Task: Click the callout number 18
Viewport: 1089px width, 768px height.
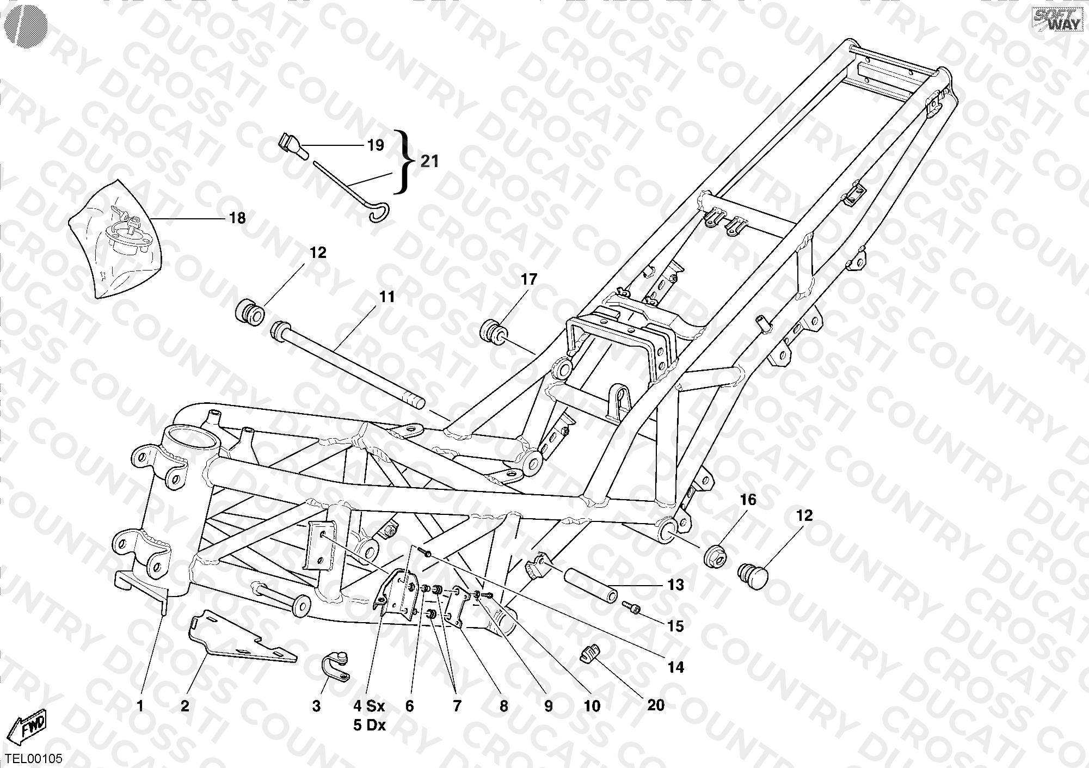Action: pyautogui.click(x=237, y=218)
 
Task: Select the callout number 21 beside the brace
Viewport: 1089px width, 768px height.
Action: pyautogui.click(x=429, y=162)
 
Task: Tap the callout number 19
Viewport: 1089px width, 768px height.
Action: pyautogui.click(x=376, y=145)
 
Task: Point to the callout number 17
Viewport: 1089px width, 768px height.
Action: pyautogui.click(x=529, y=280)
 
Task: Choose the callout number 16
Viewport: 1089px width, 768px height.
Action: pyautogui.click(x=748, y=500)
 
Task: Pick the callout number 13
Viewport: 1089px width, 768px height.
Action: pyautogui.click(x=675, y=585)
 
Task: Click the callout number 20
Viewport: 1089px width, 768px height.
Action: pyautogui.click(x=656, y=705)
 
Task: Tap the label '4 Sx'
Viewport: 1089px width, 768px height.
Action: pyautogui.click(x=369, y=706)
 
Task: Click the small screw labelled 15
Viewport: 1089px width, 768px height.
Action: pyautogui.click(x=632, y=605)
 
